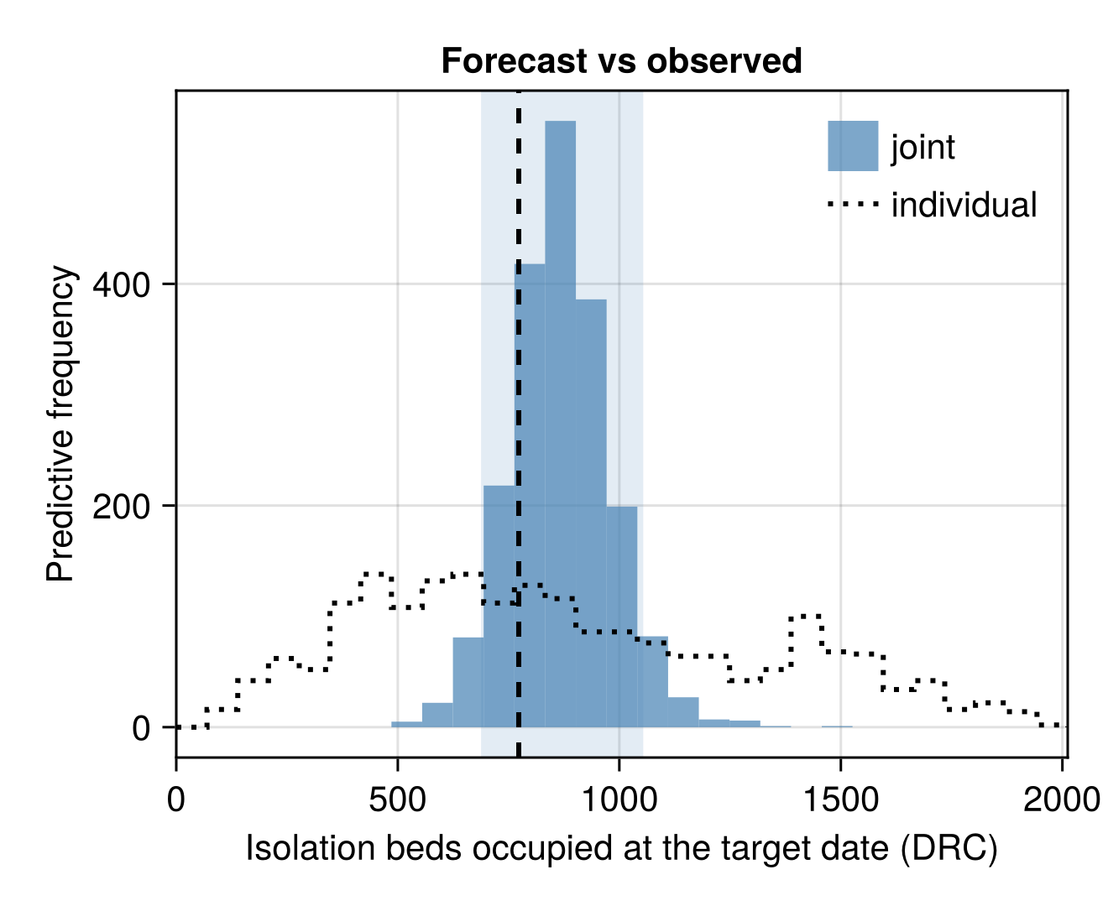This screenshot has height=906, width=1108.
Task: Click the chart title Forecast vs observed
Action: point(621,61)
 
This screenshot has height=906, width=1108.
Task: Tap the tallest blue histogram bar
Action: point(560,424)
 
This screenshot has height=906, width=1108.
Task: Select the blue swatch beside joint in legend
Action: point(853,146)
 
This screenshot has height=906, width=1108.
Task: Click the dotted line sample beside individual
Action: point(853,204)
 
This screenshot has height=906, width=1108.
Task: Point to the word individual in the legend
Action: point(964,205)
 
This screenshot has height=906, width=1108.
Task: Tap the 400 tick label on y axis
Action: point(122,285)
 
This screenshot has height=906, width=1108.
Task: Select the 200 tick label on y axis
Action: point(122,507)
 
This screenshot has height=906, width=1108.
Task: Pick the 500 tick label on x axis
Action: point(397,799)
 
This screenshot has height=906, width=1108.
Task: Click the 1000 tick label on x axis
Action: point(619,799)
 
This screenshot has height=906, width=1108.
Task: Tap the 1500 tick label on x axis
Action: point(841,799)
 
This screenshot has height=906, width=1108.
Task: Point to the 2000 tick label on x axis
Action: point(1062,799)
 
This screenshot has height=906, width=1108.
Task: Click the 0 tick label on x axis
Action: point(176,799)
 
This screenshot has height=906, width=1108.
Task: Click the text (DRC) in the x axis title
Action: point(949,848)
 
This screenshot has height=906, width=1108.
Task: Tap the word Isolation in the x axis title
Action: point(311,848)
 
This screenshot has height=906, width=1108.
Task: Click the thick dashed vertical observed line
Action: point(519,424)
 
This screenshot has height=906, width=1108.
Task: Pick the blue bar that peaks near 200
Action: point(621,617)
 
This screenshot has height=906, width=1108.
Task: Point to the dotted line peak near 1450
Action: point(805,616)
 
